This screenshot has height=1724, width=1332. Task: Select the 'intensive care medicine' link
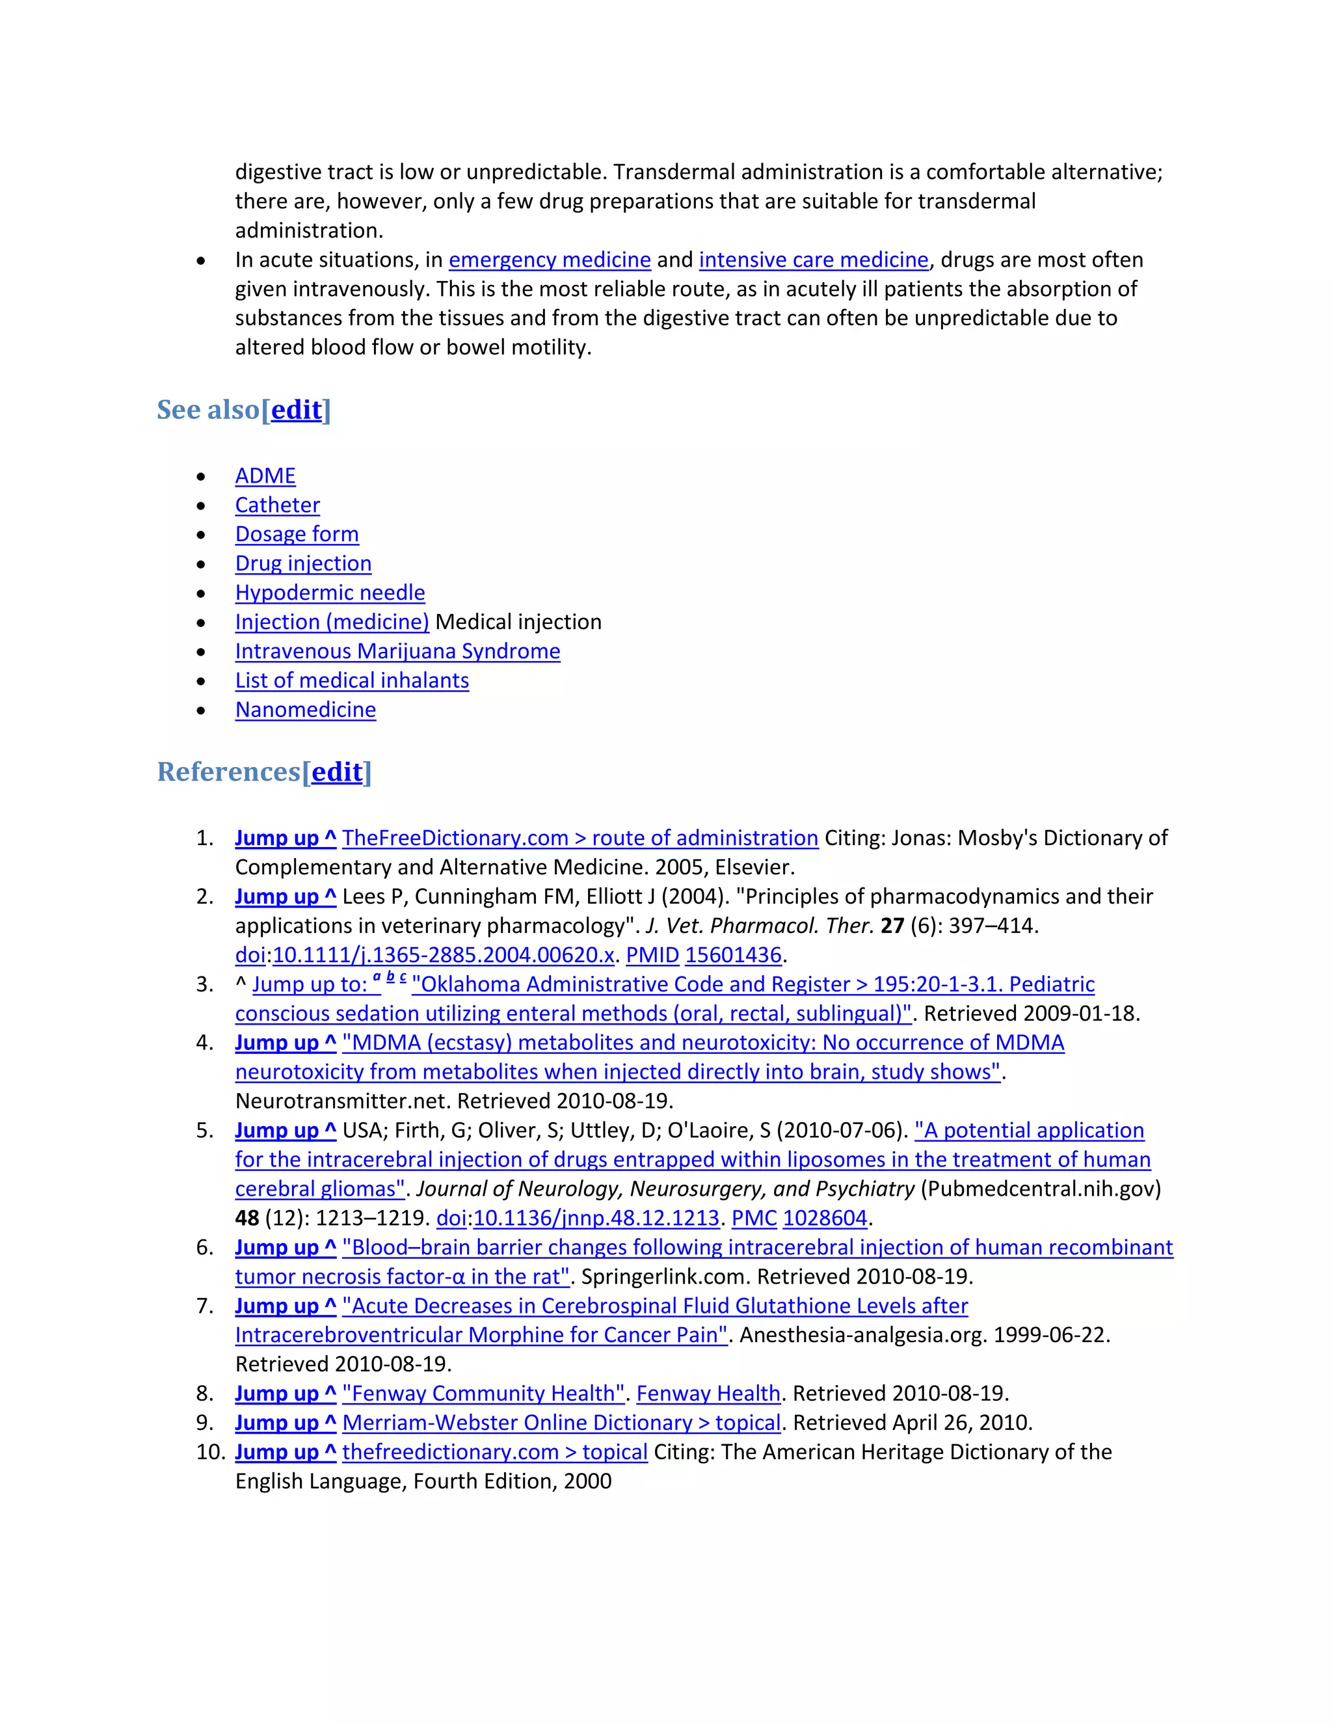click(813, 260)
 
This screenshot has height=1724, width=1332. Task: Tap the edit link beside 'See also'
click(296, 410)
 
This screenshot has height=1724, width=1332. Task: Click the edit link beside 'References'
click(337, 772)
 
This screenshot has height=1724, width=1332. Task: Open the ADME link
click(265, 476)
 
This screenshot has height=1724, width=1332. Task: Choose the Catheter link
click(277, 505)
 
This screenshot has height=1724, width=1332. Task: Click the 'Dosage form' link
click(297, 534)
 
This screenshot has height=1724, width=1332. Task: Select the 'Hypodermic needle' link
click(330, 593)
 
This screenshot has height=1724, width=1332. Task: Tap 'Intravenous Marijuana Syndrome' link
click(397, 651)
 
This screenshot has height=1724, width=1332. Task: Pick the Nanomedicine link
click(306, 710)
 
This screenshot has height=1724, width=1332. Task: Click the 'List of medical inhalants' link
click(352, 680)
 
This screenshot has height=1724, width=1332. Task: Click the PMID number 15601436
click(732, 955)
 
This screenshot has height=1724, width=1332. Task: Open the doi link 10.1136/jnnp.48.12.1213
click(596, 1218)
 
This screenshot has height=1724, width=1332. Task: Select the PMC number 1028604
click(825, 1218)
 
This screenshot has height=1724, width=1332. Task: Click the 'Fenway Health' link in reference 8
click(708, 1394)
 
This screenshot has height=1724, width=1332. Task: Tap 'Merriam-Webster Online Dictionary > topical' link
click(561, 1422)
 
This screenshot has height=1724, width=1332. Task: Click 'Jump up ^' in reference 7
click(286, 1306)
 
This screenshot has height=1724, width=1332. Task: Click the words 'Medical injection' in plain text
click(518, 622)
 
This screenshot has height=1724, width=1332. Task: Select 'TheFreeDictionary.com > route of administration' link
click(580, 839)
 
